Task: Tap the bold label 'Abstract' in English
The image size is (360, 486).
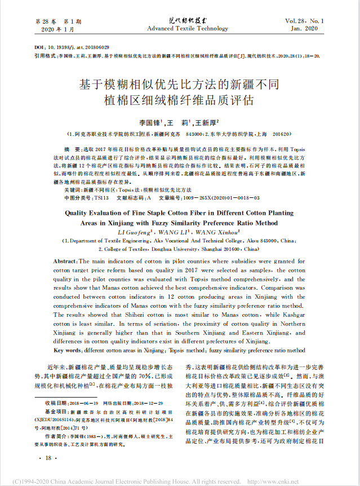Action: pos(64,262)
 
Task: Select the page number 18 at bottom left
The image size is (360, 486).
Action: pos(47,458)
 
